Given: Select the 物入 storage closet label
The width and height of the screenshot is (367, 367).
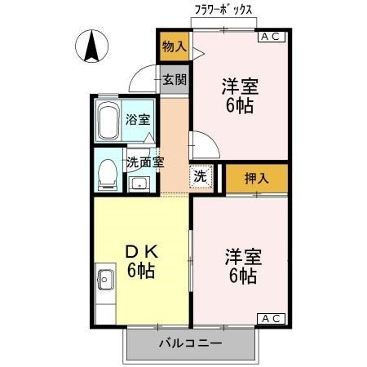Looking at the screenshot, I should (174, 46).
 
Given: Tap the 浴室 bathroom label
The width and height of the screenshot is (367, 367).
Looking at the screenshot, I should (137, 120).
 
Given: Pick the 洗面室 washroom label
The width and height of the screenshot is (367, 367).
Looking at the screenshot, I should (145, 161).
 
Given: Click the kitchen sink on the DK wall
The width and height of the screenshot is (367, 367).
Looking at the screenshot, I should (105, 281).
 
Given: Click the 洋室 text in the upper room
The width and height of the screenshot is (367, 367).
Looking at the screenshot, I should (240, 85).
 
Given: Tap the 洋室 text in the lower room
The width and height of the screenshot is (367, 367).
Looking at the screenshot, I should (243, 257).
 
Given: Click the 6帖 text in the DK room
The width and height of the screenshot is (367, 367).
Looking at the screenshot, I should (142, 272).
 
